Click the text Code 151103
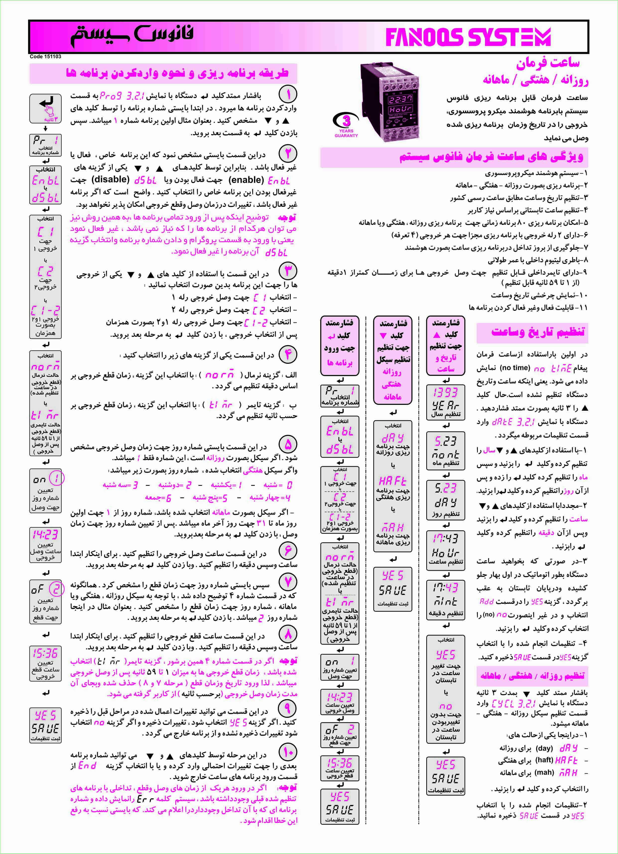point(45,57)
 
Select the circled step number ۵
point(288,445)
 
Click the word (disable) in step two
point(110,180)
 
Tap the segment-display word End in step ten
point(87,766)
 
